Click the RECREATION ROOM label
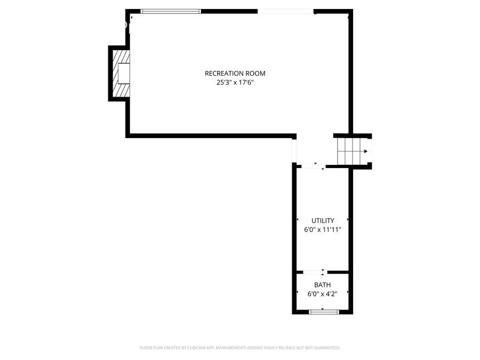pos(235,74)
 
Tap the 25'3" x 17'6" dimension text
pos(235,83)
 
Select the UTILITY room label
pos(323,220)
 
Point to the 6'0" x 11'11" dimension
pos(323,230)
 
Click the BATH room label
pos(322,285)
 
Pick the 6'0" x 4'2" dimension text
pos(322,294)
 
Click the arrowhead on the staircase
pos(365,151)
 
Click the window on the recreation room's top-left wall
pos(171,11)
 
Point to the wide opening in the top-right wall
pos(285,11)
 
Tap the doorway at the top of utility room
pos(314,167)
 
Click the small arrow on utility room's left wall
pos(297,220)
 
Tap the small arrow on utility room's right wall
pos(348,220)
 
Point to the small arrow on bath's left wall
pos(297,292)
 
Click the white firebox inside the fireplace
pos(124,73)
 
